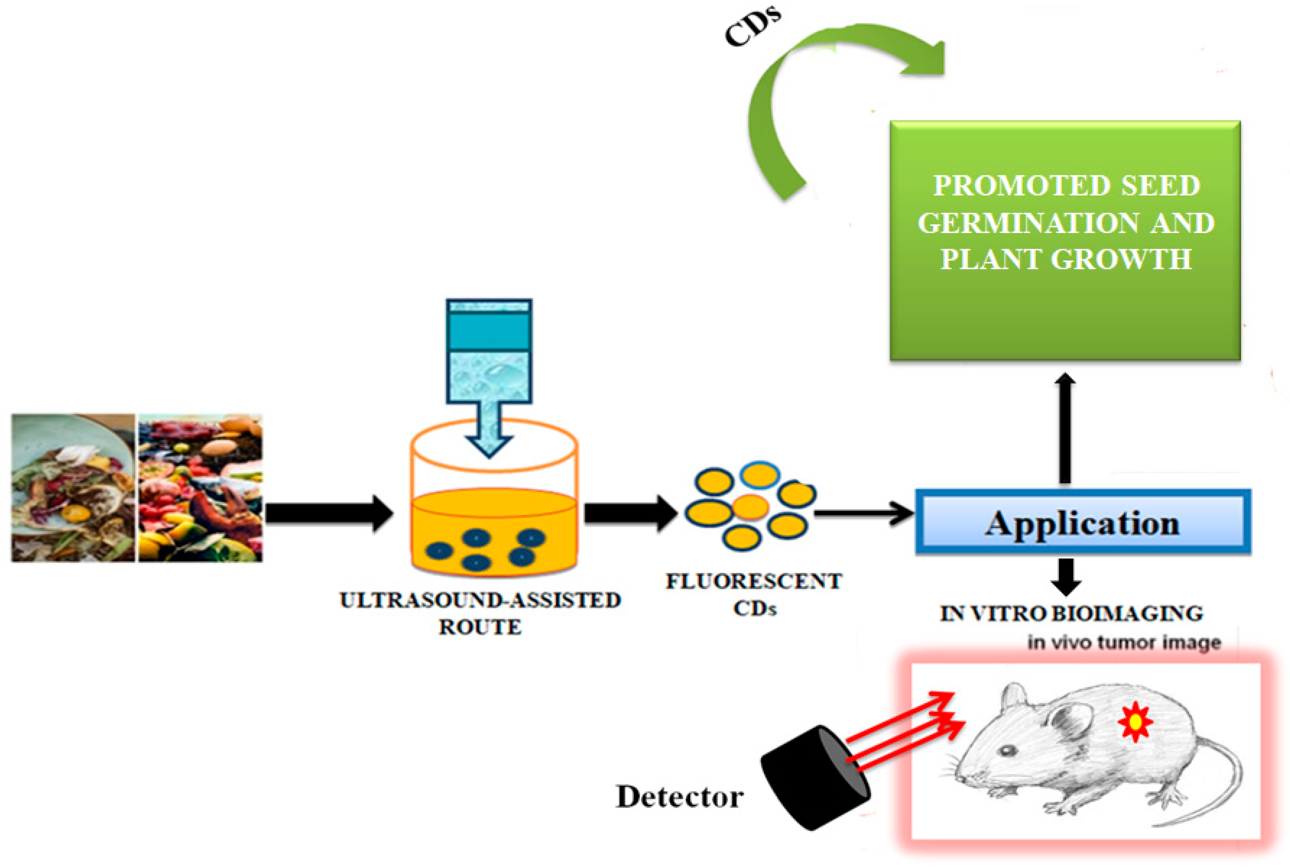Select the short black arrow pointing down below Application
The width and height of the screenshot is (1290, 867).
[1065, 575]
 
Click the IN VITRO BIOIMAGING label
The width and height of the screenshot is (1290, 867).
[1071, 613]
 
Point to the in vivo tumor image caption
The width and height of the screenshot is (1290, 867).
[1124, 642]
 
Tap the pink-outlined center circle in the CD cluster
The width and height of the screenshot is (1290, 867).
[751, 506]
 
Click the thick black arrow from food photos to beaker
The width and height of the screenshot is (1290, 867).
[329, 514]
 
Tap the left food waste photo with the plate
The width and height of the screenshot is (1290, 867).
[73, 488]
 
